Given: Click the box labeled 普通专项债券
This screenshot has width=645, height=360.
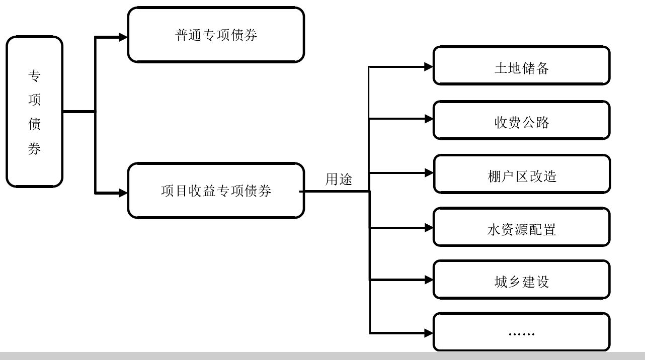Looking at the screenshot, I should pos(216,35).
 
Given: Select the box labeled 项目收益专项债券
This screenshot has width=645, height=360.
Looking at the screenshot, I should pos(216,191).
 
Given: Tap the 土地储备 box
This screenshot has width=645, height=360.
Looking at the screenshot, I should pos(521,66).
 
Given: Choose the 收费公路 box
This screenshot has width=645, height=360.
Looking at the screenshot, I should pos(521,120).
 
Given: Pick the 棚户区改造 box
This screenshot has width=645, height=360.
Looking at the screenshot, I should pos(522,174).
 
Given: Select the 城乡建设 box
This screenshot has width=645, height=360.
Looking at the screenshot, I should pos(521,280).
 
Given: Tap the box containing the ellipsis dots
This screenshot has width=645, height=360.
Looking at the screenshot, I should pos(521,332).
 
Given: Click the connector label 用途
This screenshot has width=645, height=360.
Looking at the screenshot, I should pos(339,179).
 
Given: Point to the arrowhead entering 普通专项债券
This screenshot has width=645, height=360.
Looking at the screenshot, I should pos(123,37).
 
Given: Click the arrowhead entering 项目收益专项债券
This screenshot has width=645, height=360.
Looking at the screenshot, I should pos(123,193).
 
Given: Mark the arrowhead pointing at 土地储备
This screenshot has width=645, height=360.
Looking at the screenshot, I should pos(428,66).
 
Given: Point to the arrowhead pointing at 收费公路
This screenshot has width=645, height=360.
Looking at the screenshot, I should pos(428,119).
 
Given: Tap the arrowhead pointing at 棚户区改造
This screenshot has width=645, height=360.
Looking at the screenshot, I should pos(428,173).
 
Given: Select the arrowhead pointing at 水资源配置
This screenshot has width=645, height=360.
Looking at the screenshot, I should pos(428,228).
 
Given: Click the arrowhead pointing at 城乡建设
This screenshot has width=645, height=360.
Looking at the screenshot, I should pos(428,280).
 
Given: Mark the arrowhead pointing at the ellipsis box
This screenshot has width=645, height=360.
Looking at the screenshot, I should pos(428,333).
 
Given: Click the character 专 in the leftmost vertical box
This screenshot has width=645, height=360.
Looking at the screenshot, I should pos(34,76).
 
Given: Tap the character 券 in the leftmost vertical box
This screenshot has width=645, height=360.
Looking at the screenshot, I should pos(34,149).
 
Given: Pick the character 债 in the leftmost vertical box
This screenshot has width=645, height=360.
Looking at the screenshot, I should pos(34,124).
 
